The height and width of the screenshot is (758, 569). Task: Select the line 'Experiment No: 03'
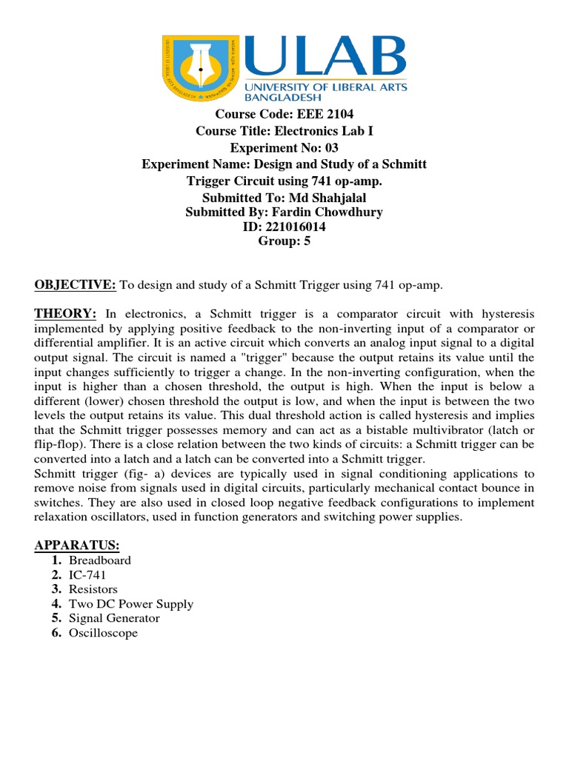pos(284,148)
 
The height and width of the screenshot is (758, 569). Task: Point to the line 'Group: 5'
pos(284,241)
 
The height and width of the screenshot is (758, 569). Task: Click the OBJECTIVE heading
pos(75,285)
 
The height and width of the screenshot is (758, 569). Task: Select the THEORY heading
pos(64,313)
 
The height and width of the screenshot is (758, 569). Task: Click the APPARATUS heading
pos(76,546)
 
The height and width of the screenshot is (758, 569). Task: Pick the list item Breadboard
pos(100,560)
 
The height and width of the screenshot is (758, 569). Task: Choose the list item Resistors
pos(93,589)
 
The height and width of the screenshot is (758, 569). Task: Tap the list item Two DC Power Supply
pos(131,604)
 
